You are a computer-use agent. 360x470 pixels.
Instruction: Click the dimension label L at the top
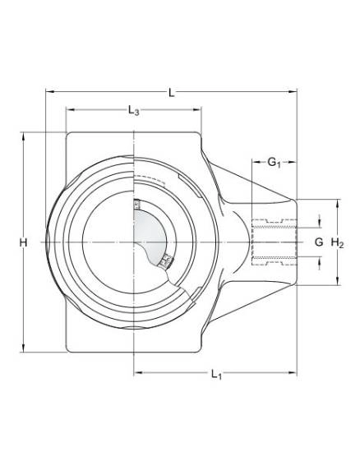click(171, 93)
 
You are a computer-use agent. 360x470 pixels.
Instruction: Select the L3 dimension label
click(133, 111)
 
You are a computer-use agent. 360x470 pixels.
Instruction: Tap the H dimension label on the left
click(23, 242)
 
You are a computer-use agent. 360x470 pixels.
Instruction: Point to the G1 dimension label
click(274, 163)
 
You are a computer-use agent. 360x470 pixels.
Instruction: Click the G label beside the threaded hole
click(319, 242)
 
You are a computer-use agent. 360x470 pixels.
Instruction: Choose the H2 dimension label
click(337, 242)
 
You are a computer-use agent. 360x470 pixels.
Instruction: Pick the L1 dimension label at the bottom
click(216, 375)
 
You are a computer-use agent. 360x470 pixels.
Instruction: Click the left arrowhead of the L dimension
click(50, 91)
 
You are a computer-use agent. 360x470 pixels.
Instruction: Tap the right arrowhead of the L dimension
click(293, 91)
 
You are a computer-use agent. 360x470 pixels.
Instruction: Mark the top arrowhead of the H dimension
click(23, 136)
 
